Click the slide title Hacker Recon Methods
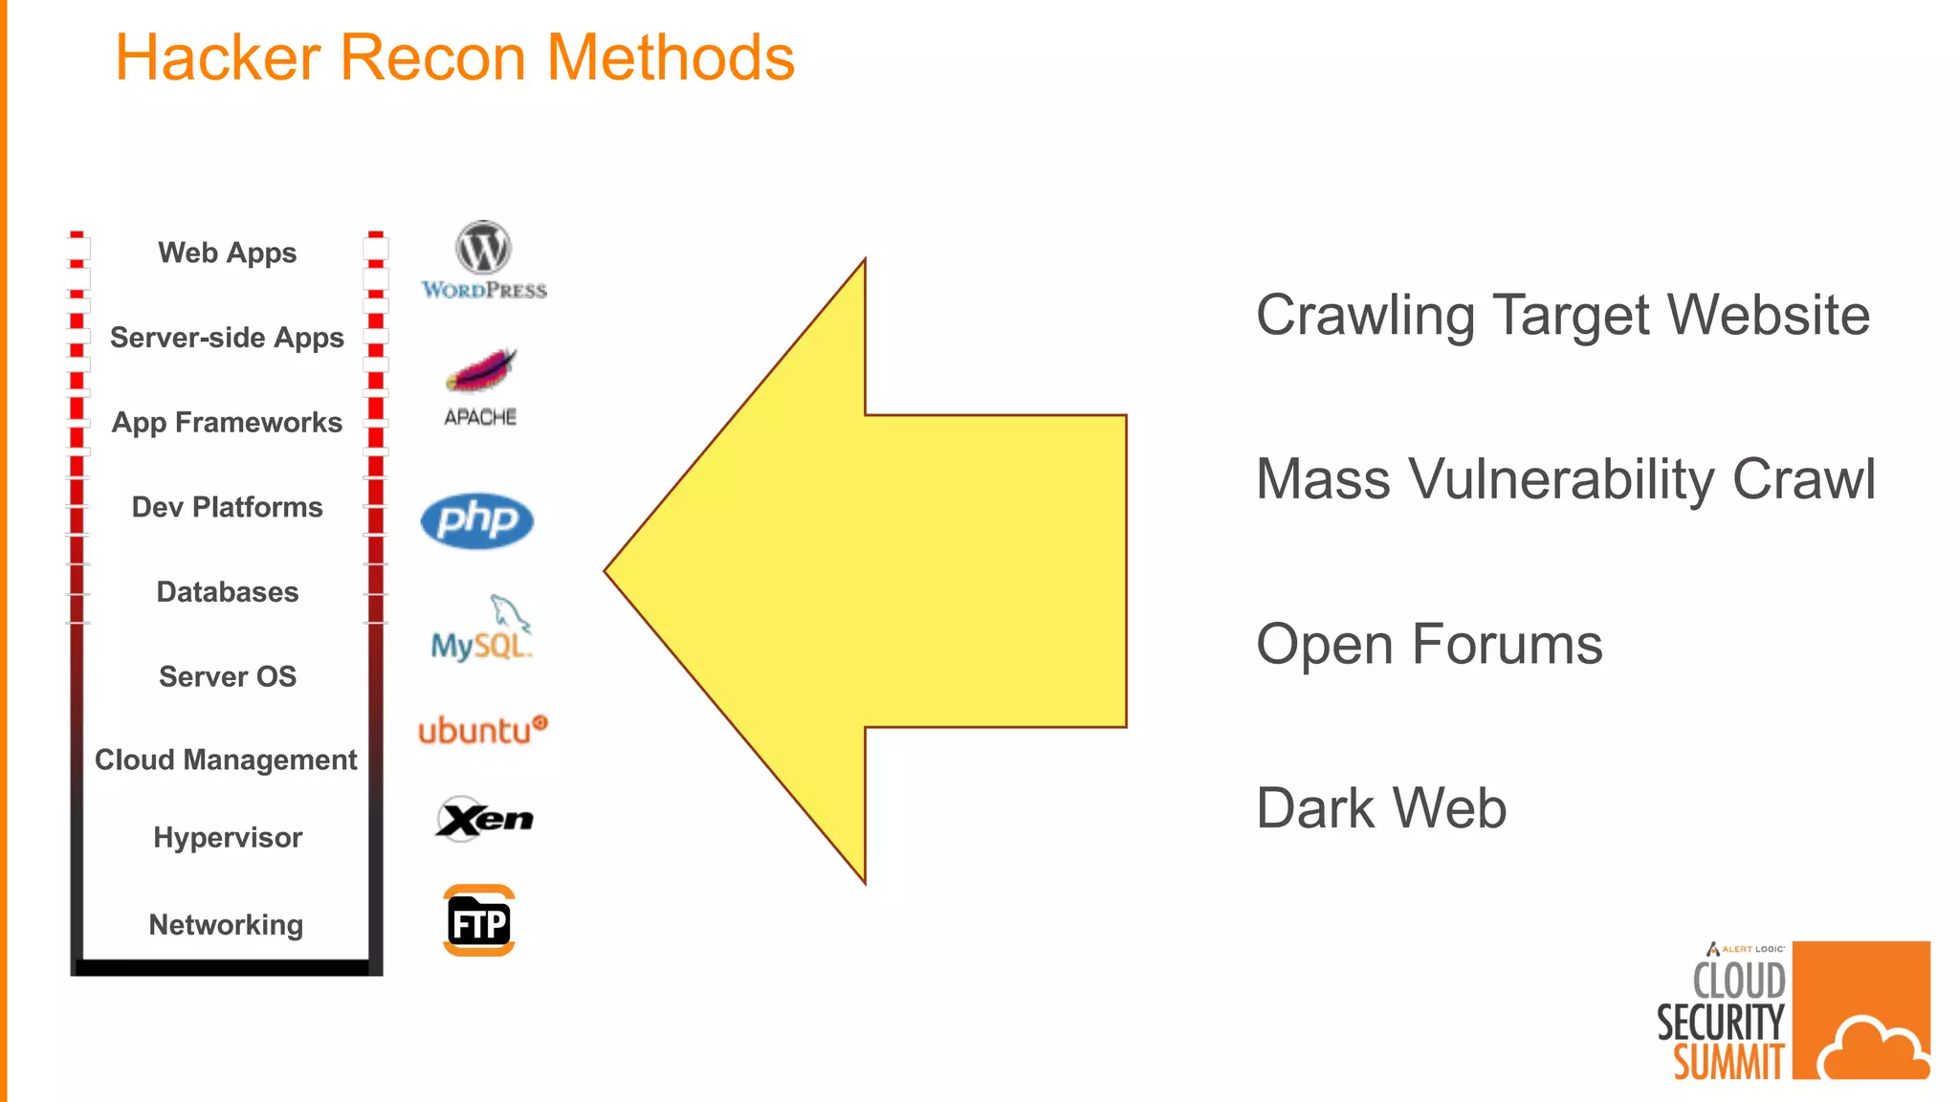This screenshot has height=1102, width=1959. (454, 57)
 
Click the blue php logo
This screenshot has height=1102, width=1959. (476, 520)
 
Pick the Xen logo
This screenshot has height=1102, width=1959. (484, 819)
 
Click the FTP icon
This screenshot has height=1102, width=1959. (479, 921)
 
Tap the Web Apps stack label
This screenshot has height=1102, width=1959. (228, 253)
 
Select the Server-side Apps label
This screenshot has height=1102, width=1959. (227, 338)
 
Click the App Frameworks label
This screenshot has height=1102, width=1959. (227, 422)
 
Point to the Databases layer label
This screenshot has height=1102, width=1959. (228, 592)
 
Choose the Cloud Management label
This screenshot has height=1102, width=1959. (226, 760)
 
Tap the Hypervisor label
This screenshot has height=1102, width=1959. (228, 838)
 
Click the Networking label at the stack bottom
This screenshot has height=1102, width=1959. (226, 925)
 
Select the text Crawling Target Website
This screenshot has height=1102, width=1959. (1562, 315)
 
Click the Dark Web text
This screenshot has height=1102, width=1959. (1381, 808)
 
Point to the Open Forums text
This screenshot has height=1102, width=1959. (1429, 644)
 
